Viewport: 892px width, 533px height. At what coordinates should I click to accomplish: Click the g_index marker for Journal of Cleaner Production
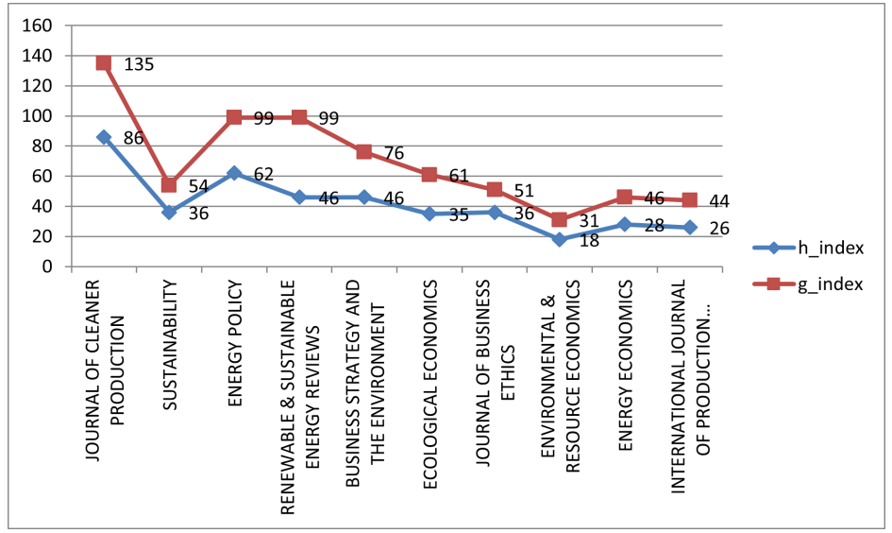tap(104, 63)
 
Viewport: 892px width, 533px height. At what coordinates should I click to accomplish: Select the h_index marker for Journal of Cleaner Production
tap(104, 137)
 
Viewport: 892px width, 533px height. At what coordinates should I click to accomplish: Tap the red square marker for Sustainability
tap(169, 185)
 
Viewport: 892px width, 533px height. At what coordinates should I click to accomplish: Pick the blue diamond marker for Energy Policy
tap(234, 173)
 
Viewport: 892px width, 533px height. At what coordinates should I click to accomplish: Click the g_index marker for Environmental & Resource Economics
tap(560, 219)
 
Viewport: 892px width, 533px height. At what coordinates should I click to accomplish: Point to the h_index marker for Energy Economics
tap(625, 224)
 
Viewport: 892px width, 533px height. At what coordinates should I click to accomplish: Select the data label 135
tap(138, 65)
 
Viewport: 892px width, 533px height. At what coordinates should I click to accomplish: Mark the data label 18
tap(590, 242)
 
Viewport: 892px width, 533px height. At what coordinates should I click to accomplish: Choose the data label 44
tap(719, 201)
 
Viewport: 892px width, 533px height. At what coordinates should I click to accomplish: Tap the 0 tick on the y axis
tap(53, 266)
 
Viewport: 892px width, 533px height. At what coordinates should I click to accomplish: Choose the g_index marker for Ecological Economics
tap(429, 175)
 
